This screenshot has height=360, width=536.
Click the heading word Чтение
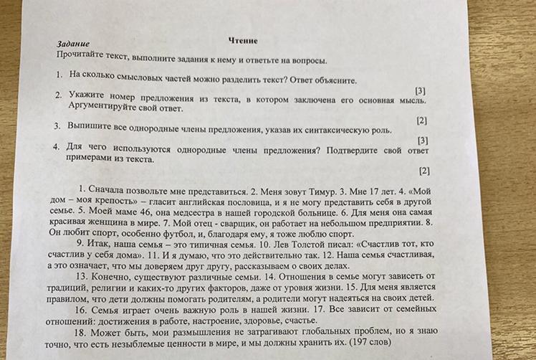[x=243, y=41]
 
